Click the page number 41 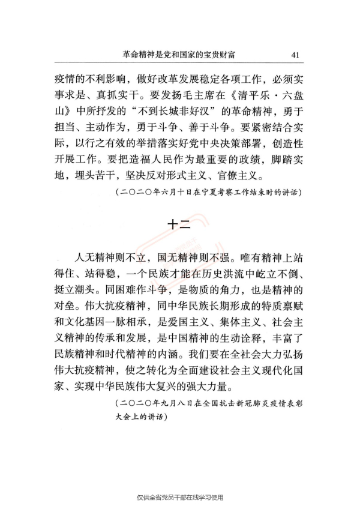coord(295,55)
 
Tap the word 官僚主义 coord(265,176)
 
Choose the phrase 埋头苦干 coord(101,176)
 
